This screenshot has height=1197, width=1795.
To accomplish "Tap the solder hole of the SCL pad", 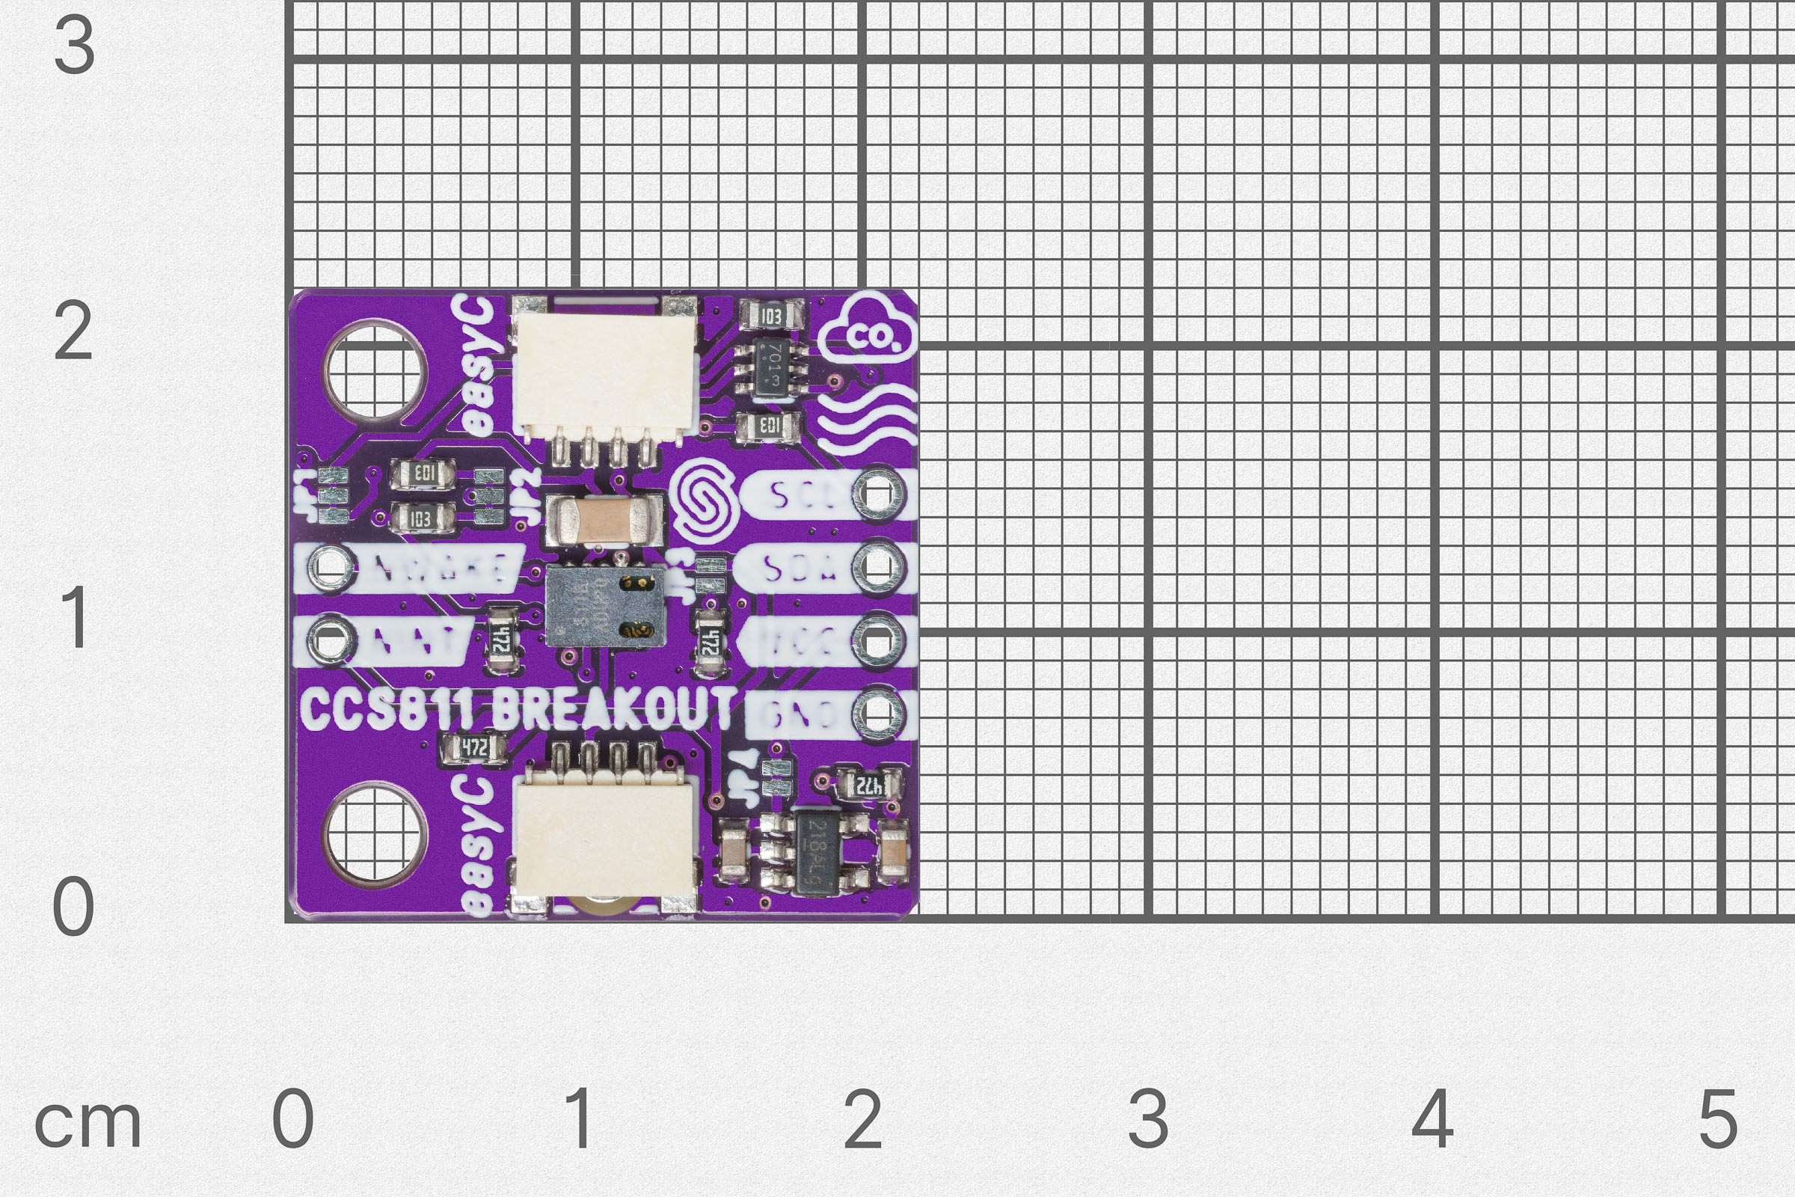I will pyautogui.click(x=877, y=494).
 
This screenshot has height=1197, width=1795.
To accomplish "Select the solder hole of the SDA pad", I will pyautogui.click(x=877, y=566).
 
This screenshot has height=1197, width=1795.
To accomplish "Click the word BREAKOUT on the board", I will pyautogui.click(x=613, y=708).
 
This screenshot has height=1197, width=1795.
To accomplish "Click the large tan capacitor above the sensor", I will pyautogui.click(x=603, y=519).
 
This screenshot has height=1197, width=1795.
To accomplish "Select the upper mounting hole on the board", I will pyautogui.click(x=374, y=370).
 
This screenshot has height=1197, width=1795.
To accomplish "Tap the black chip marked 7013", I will pyautogui.click(x=773, y=369).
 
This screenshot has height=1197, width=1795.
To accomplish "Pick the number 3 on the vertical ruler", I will pyautogui.click(x=74, y=46).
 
